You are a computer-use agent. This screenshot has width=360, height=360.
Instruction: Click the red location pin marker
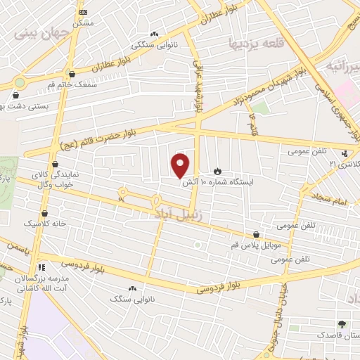[181, 165]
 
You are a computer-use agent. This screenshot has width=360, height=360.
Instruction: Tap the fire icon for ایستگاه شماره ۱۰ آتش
[217, 171]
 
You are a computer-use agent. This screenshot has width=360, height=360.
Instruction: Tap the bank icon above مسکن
[84, 12]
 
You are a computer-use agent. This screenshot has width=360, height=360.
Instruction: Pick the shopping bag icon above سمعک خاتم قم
[72, 73]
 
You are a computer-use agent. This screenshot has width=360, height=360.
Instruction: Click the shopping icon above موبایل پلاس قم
[256, 236]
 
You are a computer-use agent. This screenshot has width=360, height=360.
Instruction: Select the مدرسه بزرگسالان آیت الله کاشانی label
[39, 283]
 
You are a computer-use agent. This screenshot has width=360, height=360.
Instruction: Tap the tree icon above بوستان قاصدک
[342, 324]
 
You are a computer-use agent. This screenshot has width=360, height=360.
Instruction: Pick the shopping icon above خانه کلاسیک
[44, 213]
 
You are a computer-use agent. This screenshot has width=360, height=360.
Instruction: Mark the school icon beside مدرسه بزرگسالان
[41, 267]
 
